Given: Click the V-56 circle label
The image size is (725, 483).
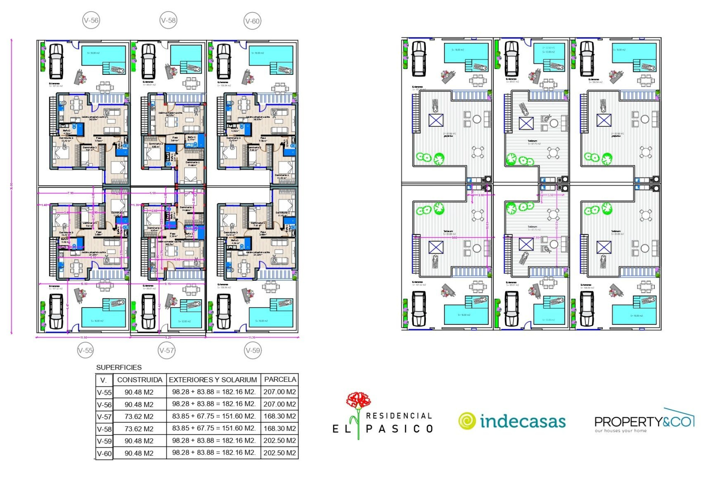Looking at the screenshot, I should [x=91, y=20].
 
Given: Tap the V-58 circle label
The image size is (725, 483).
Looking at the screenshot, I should [x=168, y=20].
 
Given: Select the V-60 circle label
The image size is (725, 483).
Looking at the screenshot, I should [x=252, y=21].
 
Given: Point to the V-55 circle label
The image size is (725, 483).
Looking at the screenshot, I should [x=85, y=350].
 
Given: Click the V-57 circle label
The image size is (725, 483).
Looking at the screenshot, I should [x=167, y=350].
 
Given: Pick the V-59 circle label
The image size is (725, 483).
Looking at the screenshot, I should [x=253, y=350].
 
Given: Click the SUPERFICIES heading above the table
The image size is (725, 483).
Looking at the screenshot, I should [x=119, y=367].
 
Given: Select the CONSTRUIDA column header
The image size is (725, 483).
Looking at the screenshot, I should [x=140, y=380].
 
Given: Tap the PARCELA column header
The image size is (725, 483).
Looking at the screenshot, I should [x=280, y=379].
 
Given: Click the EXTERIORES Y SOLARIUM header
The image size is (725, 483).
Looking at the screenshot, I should [x=213, y=380].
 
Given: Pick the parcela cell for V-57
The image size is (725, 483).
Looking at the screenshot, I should [x=280, y=416].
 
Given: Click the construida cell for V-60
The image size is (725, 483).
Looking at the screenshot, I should [x=139, y=453].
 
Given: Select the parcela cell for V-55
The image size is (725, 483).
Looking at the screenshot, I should [x=280, y=392].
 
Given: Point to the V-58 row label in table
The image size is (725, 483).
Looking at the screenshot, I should [x=104, y=429].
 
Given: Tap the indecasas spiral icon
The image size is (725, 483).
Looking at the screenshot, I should [x=467, y=421].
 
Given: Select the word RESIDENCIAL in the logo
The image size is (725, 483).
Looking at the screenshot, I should [x=399, y=416].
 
